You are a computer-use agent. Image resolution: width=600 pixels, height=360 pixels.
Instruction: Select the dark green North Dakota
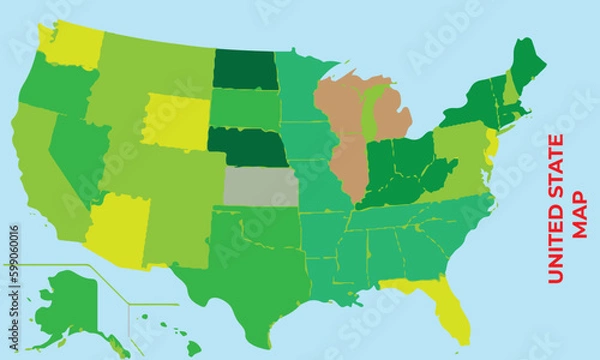[x=245, y=67]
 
